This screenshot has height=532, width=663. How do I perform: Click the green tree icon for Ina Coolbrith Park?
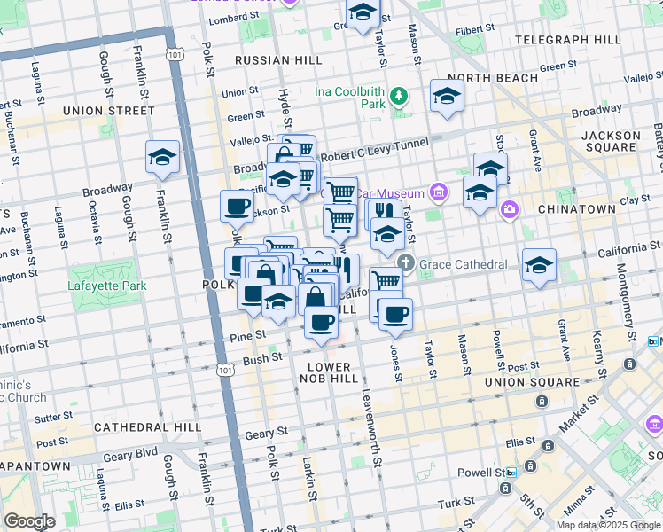point(401,95)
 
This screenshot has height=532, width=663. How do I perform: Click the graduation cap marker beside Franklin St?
point(163,158)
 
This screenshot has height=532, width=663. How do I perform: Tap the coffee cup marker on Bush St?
point(321,322)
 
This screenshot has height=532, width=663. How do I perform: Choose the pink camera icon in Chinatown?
point(509,209)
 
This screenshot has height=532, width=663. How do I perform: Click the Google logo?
point(28,521)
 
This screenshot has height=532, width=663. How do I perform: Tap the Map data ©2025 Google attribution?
point(608,525)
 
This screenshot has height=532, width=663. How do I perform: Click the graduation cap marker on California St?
point(539,266)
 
